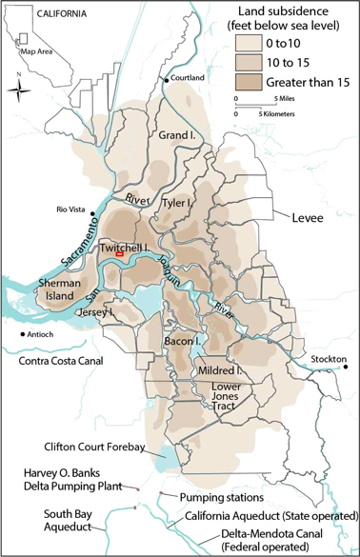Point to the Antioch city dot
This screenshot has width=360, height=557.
pyautogui.click(x=21, y=334)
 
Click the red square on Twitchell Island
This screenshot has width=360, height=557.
pyautogui.click(x=119, y=254)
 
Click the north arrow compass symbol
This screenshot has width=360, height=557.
pyautogui.click(x=19, y=89)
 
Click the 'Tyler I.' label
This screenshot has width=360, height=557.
pyautogui.click(x=178, y=204)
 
